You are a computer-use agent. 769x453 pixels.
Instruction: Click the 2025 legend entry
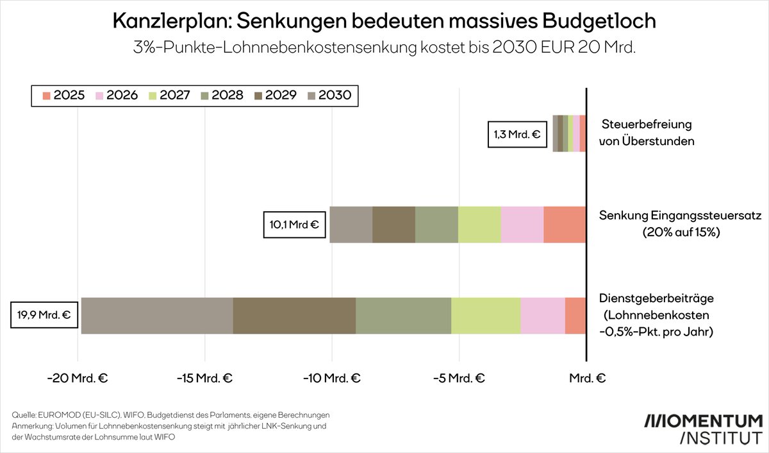[x=62, y=96]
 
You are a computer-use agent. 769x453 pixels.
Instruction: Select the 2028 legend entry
[x=222, y=96]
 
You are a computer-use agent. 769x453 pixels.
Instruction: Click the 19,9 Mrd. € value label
[x=42, y=315]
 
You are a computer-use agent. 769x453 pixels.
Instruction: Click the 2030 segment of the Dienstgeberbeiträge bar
[x=157, y=316]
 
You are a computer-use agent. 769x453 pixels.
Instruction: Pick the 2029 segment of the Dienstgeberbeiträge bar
[x=294, y=316]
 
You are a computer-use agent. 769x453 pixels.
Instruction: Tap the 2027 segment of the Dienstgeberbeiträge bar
[x=486, y=316]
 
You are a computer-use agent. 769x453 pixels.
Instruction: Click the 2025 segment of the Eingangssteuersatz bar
[x=565, y=225]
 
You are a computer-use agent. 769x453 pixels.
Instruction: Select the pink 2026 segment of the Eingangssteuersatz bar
[x=522, y=225]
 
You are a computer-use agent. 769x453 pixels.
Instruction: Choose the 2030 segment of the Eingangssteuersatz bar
[x=351, y=225]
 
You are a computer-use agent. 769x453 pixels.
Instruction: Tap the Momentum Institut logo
[x=703, y=429]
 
